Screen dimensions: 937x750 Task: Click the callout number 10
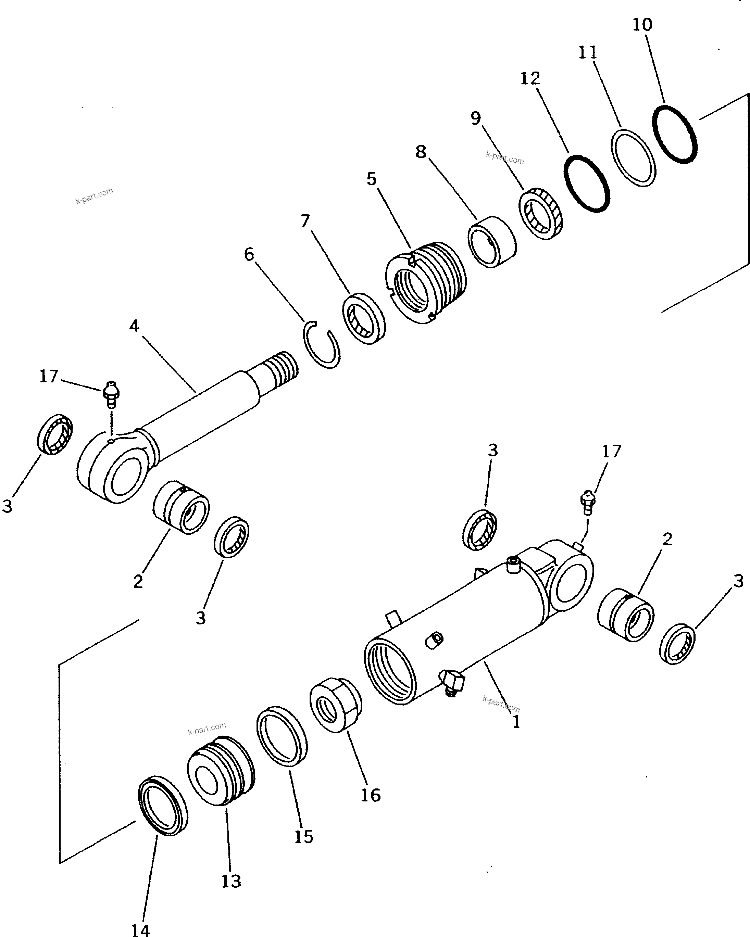coord(642,24)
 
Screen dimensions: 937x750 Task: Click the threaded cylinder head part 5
coord(426,282)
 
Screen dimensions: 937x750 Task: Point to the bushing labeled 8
coord(492,241)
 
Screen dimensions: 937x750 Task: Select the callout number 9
coord(476,118)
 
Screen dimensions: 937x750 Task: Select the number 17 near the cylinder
coord(611,452)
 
